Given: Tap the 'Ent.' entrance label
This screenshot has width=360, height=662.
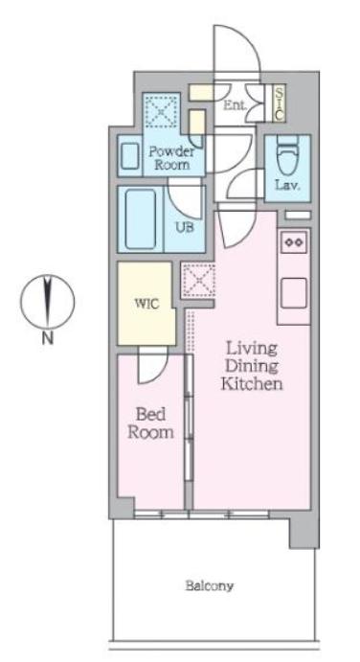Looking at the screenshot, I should click(235, 105).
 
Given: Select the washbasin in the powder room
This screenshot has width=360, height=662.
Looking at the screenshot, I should click(129, 153).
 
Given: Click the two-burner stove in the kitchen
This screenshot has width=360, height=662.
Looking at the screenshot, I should click(294, 243).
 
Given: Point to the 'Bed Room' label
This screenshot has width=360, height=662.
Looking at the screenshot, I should click(152, 423).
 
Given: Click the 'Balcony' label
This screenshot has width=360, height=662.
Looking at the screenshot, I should click(211, 584).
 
